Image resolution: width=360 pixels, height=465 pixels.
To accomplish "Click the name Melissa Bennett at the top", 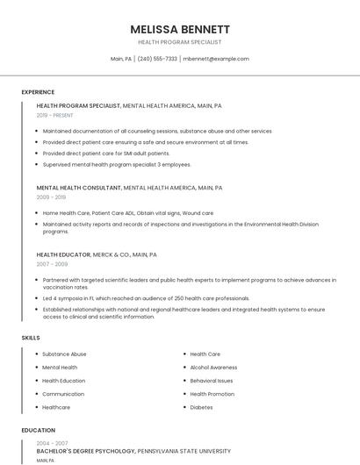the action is tap(180, 29).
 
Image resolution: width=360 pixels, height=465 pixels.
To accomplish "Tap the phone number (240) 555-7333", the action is tap(157, 59).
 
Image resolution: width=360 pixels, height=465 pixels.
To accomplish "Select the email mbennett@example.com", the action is tap(216, 59).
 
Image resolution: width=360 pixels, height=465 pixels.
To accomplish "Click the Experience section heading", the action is tap(38, 92).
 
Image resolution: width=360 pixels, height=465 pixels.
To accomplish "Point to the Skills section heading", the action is tap(31, 337).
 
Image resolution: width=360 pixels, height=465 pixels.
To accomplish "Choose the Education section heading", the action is tap(38, 431).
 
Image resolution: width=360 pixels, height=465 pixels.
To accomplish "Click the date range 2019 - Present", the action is tap(55, 115).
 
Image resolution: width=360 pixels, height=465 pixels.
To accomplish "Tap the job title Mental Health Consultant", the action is tap(79, 188).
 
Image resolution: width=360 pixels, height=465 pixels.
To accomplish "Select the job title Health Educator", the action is tap(64, 254).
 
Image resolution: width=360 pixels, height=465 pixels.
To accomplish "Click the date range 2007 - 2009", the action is tap(52, 264).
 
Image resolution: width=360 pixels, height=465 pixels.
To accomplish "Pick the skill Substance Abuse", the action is tap(64, 354).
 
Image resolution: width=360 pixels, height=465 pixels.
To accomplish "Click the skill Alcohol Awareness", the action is tap(213, 368).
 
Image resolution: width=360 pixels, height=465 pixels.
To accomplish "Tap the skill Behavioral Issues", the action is tap(212, 381).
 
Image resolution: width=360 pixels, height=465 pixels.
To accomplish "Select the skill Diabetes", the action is tap(201, 407).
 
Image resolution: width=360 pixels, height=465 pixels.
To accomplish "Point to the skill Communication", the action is tap(63, 394).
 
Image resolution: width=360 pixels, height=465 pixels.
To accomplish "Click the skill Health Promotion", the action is tap(212, 394).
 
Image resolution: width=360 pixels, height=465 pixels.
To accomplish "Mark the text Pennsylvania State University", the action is tap(184, 451).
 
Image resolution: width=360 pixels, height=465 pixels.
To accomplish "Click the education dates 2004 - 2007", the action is tap(52, 443).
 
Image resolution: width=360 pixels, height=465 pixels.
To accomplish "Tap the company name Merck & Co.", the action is tap(112, 254).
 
